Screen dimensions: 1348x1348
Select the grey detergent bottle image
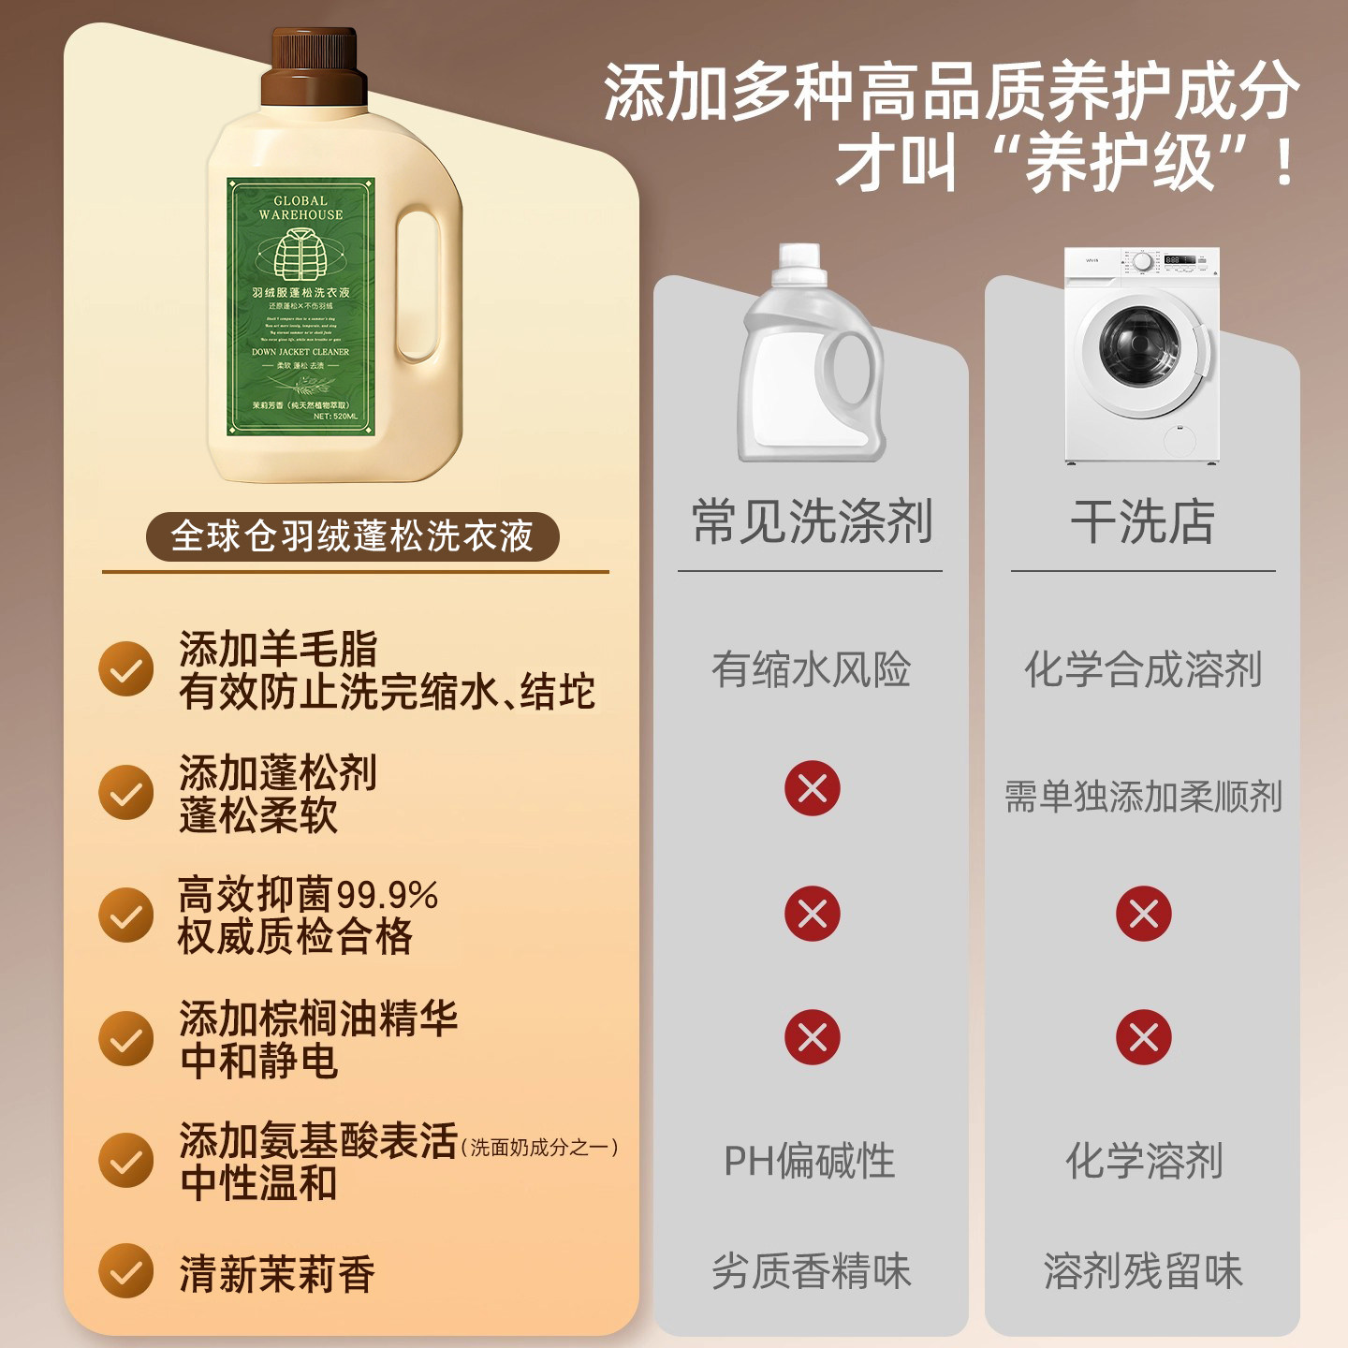click(811, 356)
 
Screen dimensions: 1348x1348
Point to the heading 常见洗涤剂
click(812, 521)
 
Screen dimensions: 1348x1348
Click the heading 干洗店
click(1142, 521)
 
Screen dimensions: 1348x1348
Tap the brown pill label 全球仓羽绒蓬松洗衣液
click(352, 536)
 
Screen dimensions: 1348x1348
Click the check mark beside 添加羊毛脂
click(126, 668)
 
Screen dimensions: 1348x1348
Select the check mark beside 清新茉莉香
click(126, 1271)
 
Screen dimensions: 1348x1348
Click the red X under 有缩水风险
click(812, 788)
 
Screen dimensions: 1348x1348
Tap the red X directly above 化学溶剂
click(1143, 1037)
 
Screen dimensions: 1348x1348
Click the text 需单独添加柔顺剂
click(1143, 797)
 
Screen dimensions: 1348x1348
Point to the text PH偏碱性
click(810, 1161)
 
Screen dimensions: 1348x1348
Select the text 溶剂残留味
click(1143, 1271)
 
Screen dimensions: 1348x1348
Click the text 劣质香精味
click(812, 1271)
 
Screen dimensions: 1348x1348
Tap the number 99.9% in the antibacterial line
click(387, 895)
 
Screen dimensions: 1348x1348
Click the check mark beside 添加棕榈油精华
click(126, 1038)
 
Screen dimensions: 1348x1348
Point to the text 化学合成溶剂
click(1143, 669)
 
